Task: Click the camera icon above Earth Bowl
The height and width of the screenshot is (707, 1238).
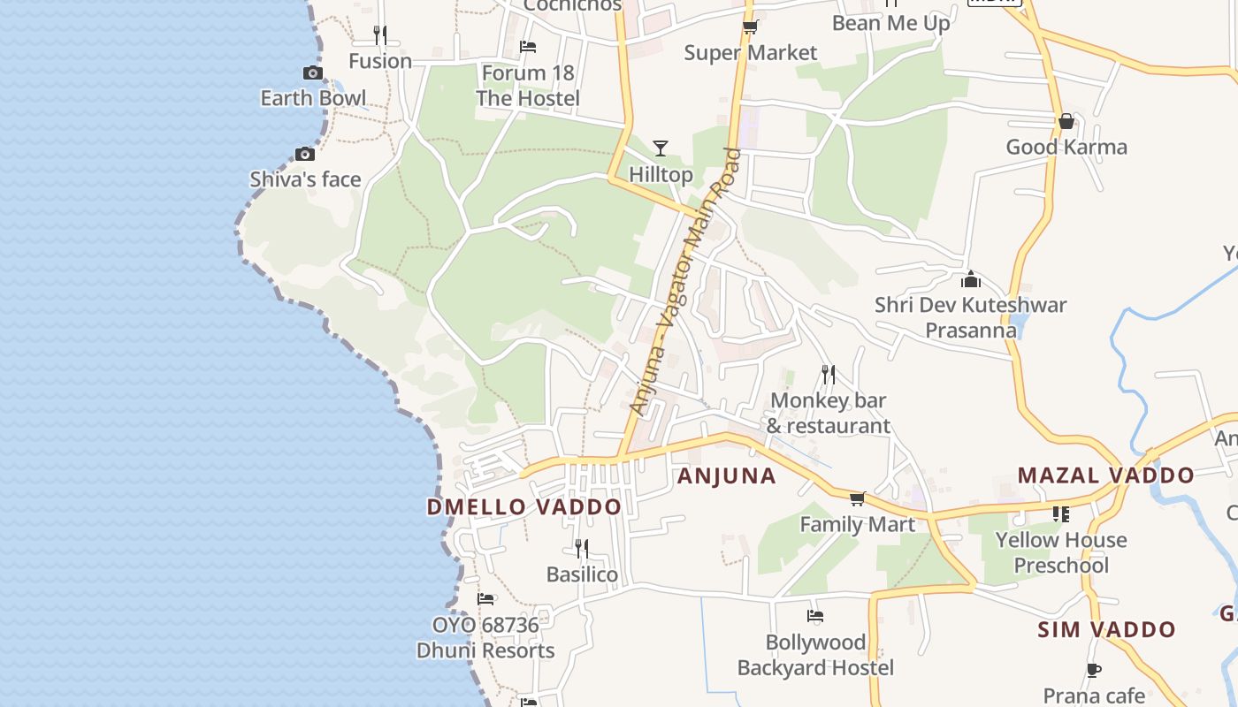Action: [x=312, y=73]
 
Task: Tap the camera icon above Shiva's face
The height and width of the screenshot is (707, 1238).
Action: [x=305, y=154]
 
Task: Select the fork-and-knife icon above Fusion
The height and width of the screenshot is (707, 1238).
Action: [x=379, y=34]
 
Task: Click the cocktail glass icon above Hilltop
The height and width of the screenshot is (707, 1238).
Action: [x=661, y=148]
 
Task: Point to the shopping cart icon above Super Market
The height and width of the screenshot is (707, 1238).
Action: [x=750, y=27]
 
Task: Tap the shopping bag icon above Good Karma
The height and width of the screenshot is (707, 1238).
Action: [x=1066, y=121]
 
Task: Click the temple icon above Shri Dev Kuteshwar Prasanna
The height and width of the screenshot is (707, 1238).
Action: [x=971, y=279]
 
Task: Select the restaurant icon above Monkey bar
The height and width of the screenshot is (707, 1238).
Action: [x=828, y=375]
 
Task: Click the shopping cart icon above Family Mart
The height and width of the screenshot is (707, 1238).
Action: [x=857, y=499]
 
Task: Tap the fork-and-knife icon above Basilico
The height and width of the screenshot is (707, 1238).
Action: [x=581, y=549]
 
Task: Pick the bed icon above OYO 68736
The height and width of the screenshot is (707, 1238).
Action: [x=485, y=599]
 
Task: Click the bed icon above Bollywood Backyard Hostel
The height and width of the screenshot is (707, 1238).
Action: [x=815, y=616]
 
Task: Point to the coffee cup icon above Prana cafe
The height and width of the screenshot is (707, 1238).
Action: [x=1094, y=670]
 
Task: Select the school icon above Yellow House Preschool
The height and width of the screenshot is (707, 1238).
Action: [x=1061, y=513]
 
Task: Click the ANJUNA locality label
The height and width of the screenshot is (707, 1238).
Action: [x=726, y=476]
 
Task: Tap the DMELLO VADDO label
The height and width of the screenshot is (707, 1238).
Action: [x=524, y=507]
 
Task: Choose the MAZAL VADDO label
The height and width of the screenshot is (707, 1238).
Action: [x=1105, y=475]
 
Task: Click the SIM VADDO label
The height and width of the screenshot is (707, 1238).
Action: [x=1106, y=630]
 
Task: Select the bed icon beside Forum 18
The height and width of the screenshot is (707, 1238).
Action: [x=528, y=46]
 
